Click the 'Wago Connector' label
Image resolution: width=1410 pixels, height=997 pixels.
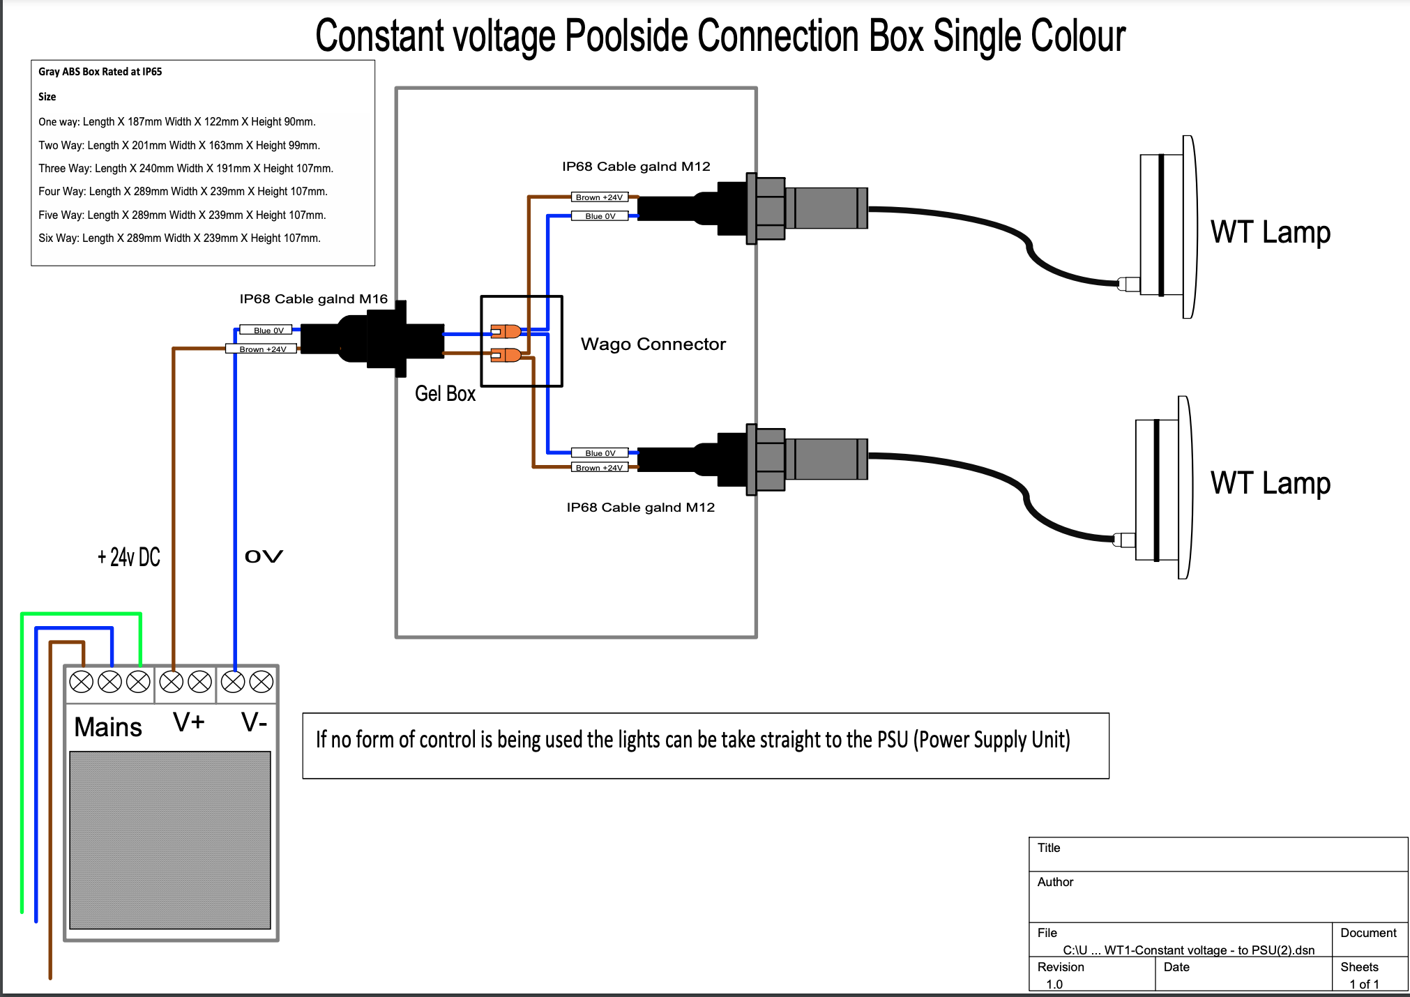pyautogui.click(x=653, y=344)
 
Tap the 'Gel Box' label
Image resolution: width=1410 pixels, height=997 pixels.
pyautogui.click(x=445, y=394)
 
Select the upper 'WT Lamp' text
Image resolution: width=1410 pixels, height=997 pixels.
pyautogui.click(x=1270, y=232)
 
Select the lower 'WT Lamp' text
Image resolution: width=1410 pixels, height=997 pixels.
pyautogui.click(x=1270, y=483)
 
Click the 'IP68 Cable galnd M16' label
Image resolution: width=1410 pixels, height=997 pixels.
pyautogui.click(x=313, y=299)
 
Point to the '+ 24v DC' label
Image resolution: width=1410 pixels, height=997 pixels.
pyautogui.click(x=129, y=557)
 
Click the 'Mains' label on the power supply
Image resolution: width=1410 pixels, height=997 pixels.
pyautogui.click(x=108, y=727)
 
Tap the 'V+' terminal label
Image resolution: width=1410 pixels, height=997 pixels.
pyautogui.click(x=189, y=722)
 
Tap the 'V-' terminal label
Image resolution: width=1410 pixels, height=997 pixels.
pyautogui.click(x=255, y=722)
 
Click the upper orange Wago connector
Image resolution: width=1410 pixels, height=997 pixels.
pyautogui.click(x=506, y=330)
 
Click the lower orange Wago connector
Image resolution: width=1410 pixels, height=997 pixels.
pyautogui.click(x=506, y=355)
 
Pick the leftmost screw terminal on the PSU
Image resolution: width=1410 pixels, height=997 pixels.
pyautogui.click(x=82, y=682)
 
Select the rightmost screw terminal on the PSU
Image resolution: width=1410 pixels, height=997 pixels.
pyautogui.click(x=261, y=682)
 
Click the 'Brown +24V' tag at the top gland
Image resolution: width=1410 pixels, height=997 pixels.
pyautogui.click(x=599, y=197)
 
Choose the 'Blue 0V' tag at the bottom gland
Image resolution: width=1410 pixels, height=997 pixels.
pyautogui.click(x=600, y=453)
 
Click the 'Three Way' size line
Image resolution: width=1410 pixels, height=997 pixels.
pyautogui.click(x=186, y=169)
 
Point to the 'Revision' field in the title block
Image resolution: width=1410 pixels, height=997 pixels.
pyautogui.click(x=1061, y=967)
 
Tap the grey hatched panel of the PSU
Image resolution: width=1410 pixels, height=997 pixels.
pyautogui.click(x=170, y=839)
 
